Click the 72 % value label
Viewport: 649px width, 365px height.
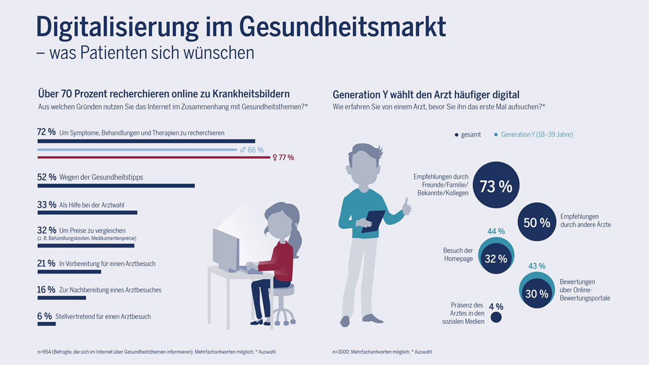47,132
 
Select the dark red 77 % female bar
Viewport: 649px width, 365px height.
154,158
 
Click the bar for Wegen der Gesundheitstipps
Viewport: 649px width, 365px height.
116,186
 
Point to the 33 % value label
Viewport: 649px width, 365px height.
47,204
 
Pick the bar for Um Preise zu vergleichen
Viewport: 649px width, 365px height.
85,245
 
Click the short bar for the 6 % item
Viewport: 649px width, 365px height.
47,324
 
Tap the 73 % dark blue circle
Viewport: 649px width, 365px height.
495,186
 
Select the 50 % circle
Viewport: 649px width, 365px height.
537,222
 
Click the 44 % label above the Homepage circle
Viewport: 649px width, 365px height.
496,231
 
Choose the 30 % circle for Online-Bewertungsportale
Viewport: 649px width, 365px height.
537,294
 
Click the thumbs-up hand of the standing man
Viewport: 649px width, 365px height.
406,205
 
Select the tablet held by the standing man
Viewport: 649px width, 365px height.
373,221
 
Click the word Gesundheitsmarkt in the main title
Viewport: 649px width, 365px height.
342,26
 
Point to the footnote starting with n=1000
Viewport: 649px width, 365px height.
382,352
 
